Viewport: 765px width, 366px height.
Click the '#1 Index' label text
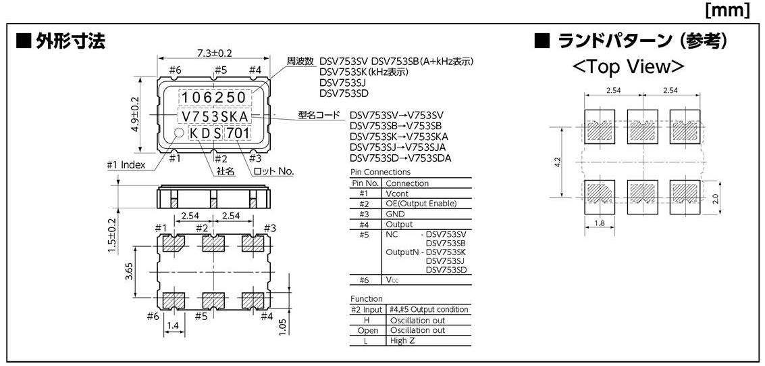pyautogui.click(x=126, y=164)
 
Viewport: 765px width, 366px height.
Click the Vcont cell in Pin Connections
pyautogui.click(x=398, y=193)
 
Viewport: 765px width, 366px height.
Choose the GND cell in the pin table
pyautogui.click(x=396, y=214)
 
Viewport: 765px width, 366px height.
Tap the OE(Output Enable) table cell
pyautogui.click(x=421, y=203)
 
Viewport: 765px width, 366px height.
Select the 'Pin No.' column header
pyautogui.click(x=366, y=183)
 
